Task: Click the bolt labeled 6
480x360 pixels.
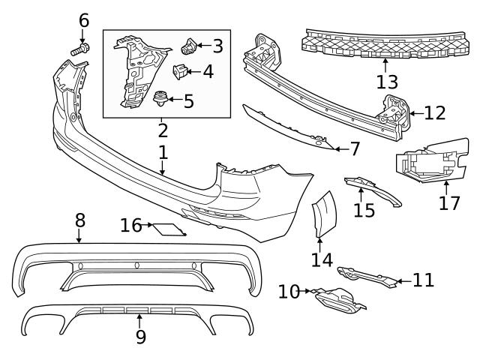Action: [79, 49]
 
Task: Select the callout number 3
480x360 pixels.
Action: [217, 46]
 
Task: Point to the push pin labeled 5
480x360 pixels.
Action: [160, 97]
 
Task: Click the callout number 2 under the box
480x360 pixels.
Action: [163, 130]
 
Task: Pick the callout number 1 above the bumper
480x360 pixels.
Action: [163, 154]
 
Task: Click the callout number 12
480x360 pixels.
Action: [434, 113]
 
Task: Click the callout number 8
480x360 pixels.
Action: [79, 221]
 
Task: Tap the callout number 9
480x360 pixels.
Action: [141, 337]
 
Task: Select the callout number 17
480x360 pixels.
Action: [449, 203]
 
